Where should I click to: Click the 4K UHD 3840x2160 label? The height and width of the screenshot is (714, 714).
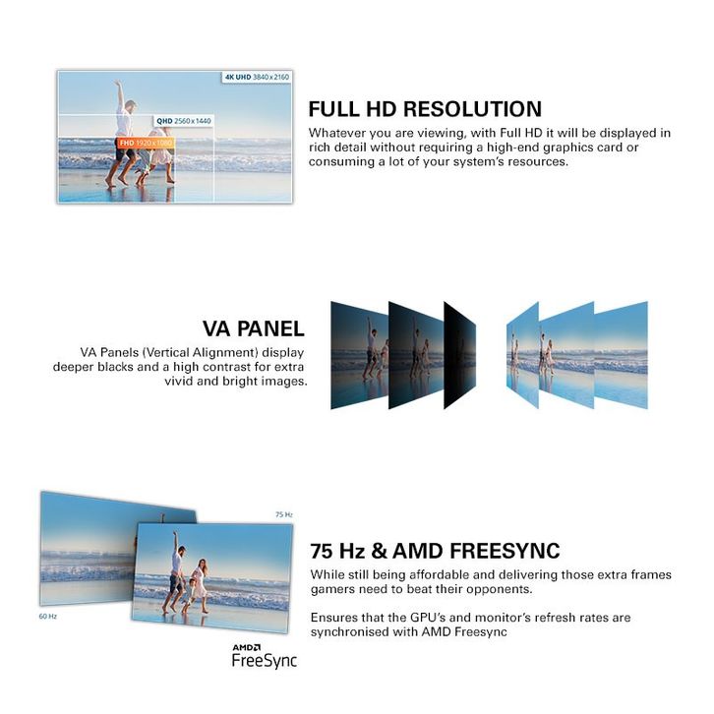click(258, 77)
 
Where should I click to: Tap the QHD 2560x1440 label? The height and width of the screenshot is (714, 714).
click(184, 121)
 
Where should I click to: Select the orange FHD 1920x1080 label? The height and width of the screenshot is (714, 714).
click(146, 143)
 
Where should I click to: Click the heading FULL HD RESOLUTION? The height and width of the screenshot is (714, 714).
click(425, 109)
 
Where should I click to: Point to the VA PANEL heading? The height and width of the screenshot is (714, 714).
click(253, 328)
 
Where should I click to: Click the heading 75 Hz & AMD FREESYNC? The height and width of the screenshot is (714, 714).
click(435, 551)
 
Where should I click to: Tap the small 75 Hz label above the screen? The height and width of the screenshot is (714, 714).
click(283, 514)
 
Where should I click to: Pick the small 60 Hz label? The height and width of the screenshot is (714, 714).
click(48, 616)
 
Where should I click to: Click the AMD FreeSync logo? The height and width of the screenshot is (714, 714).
click(265, 656)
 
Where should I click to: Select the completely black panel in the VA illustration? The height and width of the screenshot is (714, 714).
click(459, 355)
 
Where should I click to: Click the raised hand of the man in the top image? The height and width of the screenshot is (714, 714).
click(118, 84)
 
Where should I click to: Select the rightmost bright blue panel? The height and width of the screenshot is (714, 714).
click(621, 355)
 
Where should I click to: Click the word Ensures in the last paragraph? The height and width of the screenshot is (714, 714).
click(333, 618)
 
